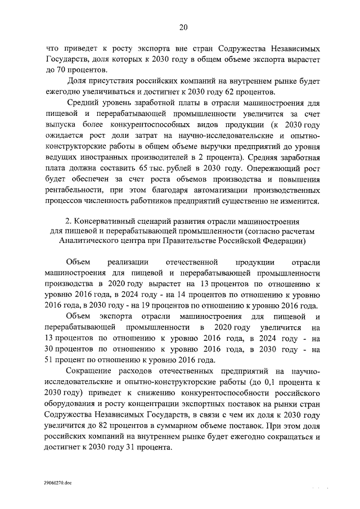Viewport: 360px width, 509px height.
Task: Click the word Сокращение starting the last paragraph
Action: pos(90,372)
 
